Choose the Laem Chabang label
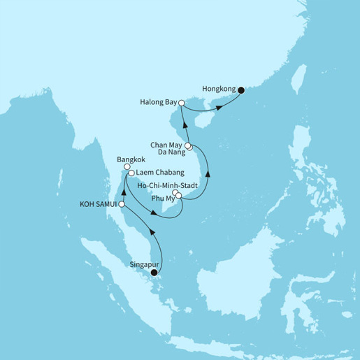point(157,173)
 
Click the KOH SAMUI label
point(100,204)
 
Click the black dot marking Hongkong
point(240,90)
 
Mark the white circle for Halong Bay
point(182,103)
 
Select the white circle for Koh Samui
point(122,204)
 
